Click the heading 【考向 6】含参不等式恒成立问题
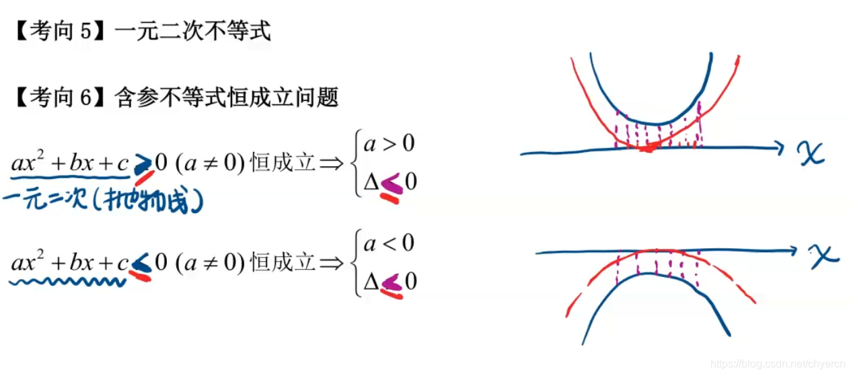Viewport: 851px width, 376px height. pyautogui.click(x=176, y=98)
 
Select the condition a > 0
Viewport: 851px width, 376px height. pyautogui.click(x=390, y=144)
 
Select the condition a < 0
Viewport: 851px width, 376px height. pyautogui.click(x=390, y=243)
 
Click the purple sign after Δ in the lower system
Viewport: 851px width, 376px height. pyautogui.click(x=392, y=282)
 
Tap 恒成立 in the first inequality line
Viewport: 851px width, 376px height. pyautogui.click(x=282, y=163)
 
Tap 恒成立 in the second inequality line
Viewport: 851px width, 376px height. pyautogui.click(x=282, y=263)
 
